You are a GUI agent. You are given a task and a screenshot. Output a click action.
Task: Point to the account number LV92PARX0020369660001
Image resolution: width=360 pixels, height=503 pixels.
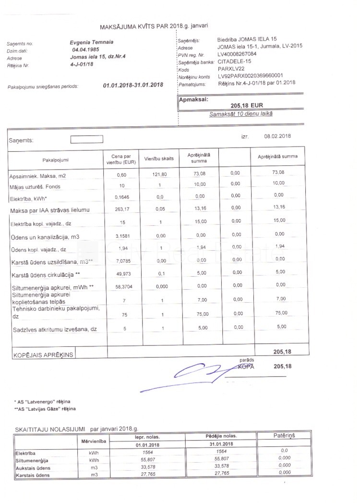click(x=250, y=75)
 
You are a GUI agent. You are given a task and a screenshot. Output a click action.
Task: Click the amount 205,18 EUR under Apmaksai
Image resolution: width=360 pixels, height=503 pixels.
click(x=247, y=105)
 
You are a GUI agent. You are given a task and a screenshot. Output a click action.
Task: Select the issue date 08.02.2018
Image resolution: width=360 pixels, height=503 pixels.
click(x=277, y=136)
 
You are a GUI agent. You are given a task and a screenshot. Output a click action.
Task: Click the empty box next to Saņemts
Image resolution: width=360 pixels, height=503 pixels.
click(x=86, y=140)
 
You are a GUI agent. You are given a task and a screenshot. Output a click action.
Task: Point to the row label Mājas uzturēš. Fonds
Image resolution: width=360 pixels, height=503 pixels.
click(x=36, y=186)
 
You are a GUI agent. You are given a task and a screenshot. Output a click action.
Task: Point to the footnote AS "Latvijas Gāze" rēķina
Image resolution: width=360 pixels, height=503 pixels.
click(x=47, y=409)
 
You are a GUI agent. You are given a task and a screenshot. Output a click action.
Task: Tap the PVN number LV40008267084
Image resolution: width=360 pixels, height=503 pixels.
click(x=237, y=54)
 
